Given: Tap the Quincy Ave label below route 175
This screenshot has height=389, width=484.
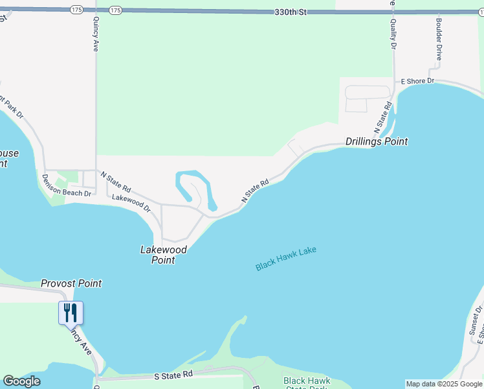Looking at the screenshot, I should tap(96, 36).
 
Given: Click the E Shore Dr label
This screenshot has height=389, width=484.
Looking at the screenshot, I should tap(417, 81).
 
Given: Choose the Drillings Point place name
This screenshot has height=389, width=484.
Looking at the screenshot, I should tap(377, 141).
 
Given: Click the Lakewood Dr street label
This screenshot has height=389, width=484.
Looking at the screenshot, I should tap(131, 203).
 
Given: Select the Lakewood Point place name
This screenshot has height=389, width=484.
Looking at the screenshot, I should tap(164, 255).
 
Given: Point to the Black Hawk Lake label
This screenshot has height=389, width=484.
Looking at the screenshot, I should tap(285, 258).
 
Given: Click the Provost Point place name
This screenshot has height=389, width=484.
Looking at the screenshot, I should tap(71, 283).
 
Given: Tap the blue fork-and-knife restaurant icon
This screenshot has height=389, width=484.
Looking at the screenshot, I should tap(71, 313).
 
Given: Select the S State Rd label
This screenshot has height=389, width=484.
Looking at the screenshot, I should tap(173, 375).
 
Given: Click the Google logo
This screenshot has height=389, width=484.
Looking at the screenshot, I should tap(21, 381).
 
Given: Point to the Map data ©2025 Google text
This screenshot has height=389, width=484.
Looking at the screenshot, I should tap(444, 384).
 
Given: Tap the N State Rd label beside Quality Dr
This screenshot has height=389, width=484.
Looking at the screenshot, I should tap(384, 115).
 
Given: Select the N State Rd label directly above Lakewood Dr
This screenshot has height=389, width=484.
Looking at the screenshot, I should tap(116, 182).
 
